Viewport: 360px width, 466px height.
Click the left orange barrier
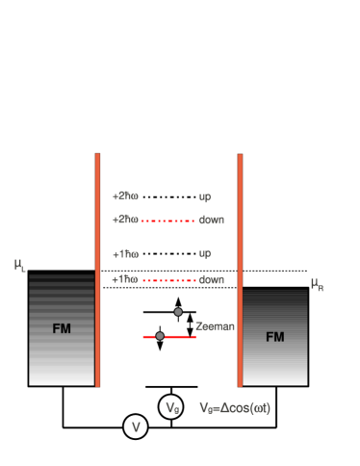[x=97, y=270]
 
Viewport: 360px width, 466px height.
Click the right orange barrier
[x=240, y=270]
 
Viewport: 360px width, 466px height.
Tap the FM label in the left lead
[x=62, y=329]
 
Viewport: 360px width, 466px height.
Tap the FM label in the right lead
[x=275, y=337]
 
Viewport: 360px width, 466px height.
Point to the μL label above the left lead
[x=20, y=265]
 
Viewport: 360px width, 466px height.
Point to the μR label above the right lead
[x=317, y=284]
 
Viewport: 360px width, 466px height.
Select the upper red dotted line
[x=168, y=220]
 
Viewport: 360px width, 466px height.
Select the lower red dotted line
[x=168, y=280]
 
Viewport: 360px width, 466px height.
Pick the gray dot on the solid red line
[x=160, y=336]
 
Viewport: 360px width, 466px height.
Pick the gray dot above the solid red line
[x=178, y=312]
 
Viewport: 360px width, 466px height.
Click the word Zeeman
[x=215, y=326]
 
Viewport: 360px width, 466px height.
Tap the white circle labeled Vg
[x=171, y=407]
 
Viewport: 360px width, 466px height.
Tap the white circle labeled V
[x=136, y=427]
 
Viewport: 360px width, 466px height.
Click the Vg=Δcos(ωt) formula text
[x=235, y=408]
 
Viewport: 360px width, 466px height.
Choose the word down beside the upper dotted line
[x=211, y=220]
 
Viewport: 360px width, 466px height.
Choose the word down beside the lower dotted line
[x=211, y=280]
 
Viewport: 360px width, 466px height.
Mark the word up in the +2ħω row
[x=205, y=196]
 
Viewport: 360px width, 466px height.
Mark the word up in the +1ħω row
[x=205, y=254]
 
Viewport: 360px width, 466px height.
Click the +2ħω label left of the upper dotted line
[x=125, y=220]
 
